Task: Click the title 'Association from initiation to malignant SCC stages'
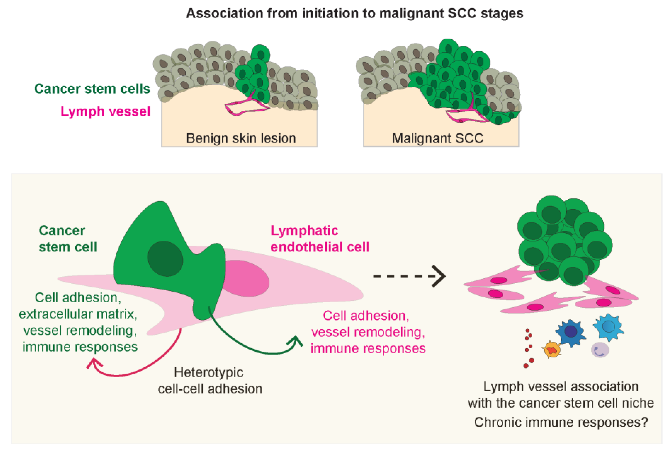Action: coord(355,13)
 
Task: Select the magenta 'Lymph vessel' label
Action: coord(105,112)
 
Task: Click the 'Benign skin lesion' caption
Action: coord(241,138)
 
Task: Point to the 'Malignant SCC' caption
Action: coord(438,138)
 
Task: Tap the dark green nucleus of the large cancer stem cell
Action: coord(165,259)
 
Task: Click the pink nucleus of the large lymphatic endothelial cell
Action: coord(245,278)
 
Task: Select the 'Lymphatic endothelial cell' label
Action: coord(320,239)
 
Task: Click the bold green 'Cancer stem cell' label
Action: coord(68,239)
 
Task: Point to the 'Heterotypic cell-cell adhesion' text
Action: coord(210,381)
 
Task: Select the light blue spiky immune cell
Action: coord(608,327)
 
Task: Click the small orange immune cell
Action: coord(552,350)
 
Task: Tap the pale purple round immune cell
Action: coord(600,350)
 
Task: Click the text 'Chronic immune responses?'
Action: coord(561,422)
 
